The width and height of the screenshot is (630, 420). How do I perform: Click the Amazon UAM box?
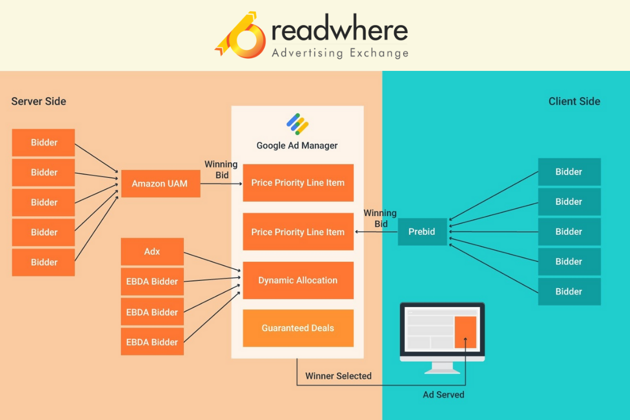coord(160,184)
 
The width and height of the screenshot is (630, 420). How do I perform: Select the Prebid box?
coord(422,232)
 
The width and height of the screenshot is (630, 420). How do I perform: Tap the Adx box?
coord(152,251)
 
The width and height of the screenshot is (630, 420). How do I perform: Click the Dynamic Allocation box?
coord(298,280)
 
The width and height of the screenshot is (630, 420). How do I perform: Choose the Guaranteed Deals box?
coord(298,328)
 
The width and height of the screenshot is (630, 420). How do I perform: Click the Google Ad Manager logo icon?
coord(297,124)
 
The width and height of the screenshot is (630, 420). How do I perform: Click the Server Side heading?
coord(39,101)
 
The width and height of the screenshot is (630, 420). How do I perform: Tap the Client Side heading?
coord(574,101)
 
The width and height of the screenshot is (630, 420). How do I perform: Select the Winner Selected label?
coord(338,376)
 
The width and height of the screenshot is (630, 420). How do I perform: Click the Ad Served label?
coord(443,394)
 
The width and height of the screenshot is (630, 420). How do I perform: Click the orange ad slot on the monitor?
coord(465,332)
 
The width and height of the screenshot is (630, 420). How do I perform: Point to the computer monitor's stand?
coord(442,367)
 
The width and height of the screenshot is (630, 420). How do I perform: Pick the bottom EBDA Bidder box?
coord(152,342)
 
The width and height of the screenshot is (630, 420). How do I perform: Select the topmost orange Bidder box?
coord(44,142)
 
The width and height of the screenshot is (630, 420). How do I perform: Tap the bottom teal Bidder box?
coord(569,291)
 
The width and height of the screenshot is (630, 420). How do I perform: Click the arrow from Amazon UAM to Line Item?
coord(220,184)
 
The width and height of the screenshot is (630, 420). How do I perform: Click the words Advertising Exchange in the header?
coord(340,53)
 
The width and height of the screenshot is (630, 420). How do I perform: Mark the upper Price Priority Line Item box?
coord(298,183)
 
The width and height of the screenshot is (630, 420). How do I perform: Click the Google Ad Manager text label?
coord(297,145)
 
